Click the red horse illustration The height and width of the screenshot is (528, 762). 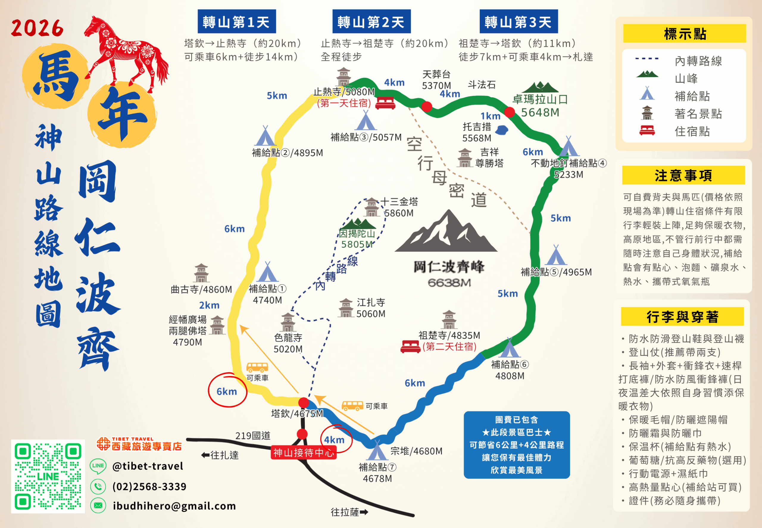(x=127, y=53)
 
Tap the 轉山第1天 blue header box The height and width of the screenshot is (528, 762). (x=237, y=21)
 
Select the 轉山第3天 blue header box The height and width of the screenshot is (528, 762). (x=519, y=21)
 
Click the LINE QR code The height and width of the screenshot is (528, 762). (x=48, y=476)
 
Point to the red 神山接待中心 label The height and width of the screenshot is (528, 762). (x=303, y=453)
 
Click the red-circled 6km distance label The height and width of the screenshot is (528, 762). (x=227, y=391)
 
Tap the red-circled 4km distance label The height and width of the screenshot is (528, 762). (x=334, y=440)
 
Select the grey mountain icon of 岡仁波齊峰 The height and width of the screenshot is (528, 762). (x=446, y=233)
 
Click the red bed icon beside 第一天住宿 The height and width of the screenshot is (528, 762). (x=385, y=103)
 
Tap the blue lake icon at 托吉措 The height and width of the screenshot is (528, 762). (x=502, y=130)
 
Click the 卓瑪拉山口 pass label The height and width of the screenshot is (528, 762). (x=540, y=99)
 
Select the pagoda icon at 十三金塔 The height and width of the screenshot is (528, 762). (x=371, y=207)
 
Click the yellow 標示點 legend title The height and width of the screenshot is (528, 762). (x=684, y=33)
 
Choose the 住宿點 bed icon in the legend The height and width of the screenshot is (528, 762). (x=647, y=131)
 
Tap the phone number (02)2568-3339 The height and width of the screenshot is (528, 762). (x=149, y=486)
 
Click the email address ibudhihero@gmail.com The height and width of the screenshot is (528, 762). (x=174, y=506)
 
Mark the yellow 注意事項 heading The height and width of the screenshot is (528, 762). (x=683, y=175)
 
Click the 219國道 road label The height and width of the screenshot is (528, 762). (x=253, y=436)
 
